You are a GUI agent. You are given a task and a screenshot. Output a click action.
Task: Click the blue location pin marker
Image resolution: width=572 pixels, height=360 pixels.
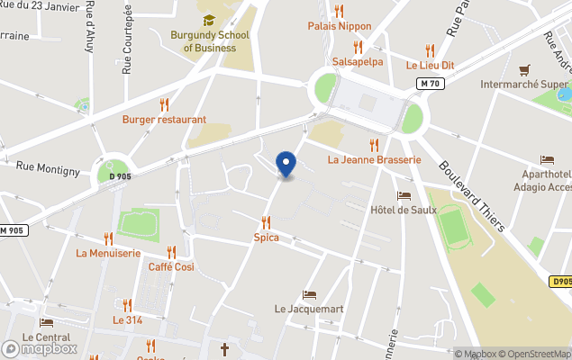click(286, 164)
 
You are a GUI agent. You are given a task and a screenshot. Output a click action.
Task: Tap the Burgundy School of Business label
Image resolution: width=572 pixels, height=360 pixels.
click(209, 41)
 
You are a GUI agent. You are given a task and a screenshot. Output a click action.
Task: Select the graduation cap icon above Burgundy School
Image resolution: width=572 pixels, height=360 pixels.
click(209, 20)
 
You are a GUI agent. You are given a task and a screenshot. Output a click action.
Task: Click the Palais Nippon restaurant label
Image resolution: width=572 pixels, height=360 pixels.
click(340, 26)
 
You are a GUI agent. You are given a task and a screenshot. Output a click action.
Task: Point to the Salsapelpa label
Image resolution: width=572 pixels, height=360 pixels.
click(358, 62)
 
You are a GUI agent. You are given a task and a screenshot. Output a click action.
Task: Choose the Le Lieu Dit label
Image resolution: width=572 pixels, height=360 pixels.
click(430, 66)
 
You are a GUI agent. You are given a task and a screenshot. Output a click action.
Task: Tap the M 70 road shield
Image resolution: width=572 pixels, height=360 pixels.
click(431, 84)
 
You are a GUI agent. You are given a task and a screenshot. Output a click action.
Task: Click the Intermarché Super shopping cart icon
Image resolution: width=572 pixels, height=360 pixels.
click(524, 69)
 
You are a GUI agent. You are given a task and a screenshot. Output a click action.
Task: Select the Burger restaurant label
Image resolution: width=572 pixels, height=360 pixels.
click(164, 119)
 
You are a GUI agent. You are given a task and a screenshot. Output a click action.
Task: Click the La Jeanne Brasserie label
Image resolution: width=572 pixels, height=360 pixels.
click(374, 160)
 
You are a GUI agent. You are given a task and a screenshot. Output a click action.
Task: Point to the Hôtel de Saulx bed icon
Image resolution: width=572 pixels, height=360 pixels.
click(404, 195)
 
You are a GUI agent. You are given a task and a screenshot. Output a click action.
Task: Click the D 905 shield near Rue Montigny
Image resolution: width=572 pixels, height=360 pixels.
click(120, 176)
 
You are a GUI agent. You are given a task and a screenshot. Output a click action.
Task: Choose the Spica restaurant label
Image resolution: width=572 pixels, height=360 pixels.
click(266, 238)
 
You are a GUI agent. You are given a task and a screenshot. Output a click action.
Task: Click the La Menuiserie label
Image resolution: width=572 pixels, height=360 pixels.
click(108, 253)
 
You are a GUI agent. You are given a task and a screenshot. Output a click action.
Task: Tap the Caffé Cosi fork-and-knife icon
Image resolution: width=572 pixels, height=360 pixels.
click(171, 252)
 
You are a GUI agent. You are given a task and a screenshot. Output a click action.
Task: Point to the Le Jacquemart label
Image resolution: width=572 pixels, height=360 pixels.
click(309, 309)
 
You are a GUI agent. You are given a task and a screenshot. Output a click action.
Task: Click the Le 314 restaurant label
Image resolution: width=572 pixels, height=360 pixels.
click(127, 319)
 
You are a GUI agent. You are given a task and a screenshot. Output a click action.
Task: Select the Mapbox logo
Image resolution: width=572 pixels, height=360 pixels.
click(40, 348)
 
